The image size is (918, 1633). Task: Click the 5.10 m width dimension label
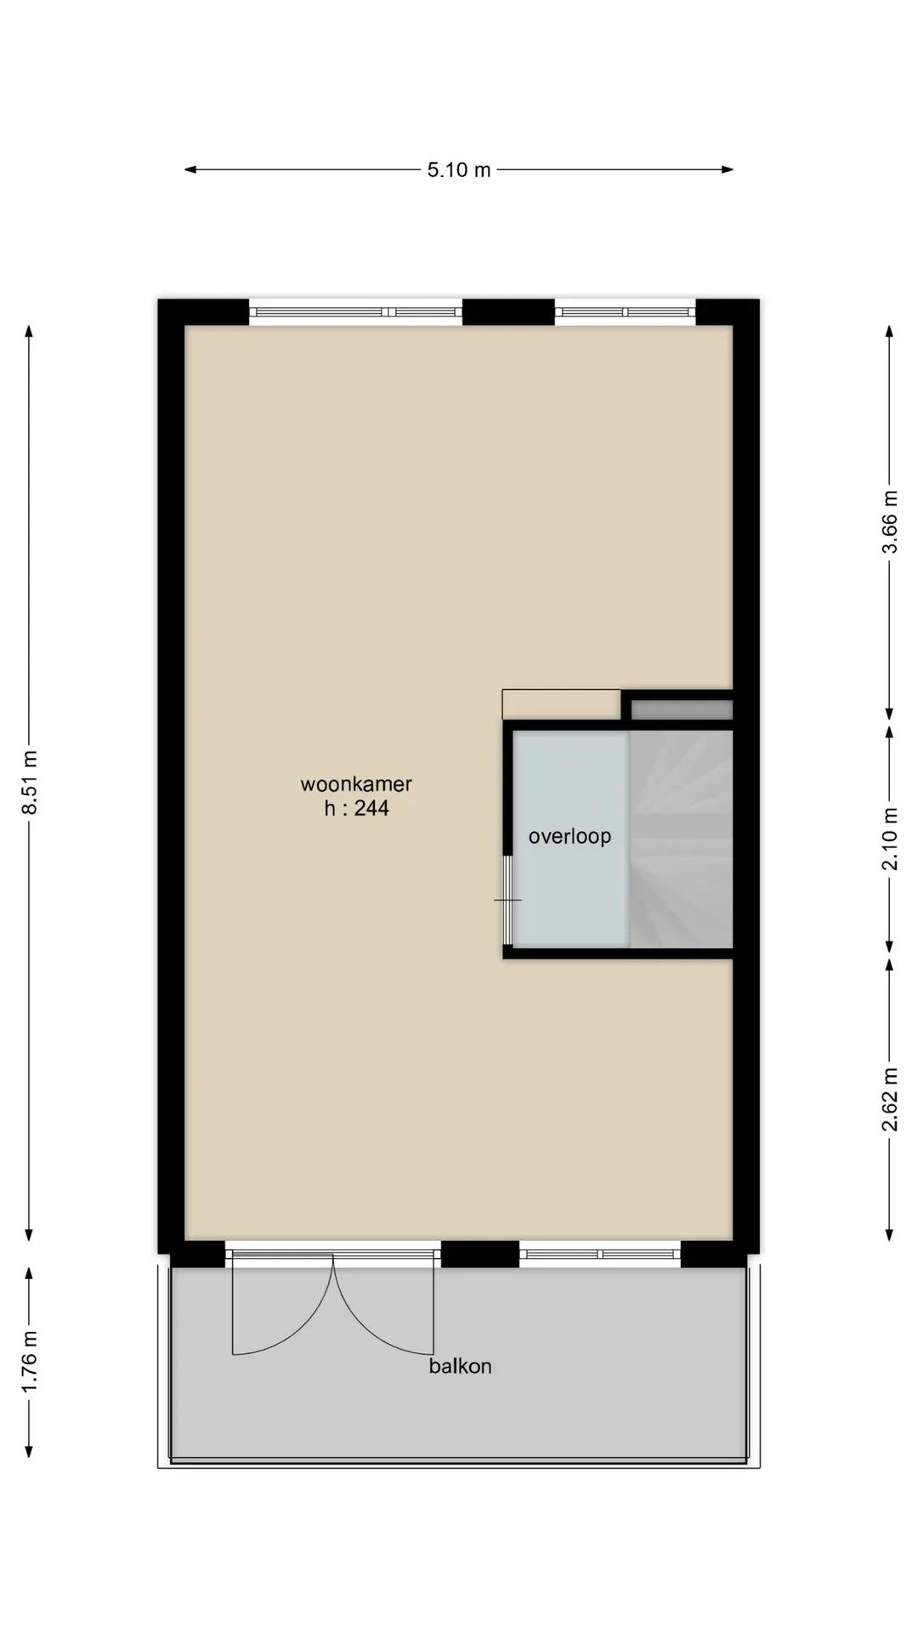point(459,170)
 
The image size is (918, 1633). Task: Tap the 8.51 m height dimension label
point(30,782)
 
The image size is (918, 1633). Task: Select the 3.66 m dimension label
point(889,522)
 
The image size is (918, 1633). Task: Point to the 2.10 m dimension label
point(889,839)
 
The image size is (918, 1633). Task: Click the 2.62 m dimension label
point(889,1100)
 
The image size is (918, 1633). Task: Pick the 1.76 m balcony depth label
point(30,1362)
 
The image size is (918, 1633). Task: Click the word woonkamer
point(356,784)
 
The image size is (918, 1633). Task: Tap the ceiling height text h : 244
point(356,808)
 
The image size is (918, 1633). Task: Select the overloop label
point(569,836)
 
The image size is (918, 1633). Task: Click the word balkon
point(460,1366)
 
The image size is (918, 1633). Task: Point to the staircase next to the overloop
point(681,839)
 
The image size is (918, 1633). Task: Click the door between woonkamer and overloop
point(507,900)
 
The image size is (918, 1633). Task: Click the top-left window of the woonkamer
point(355,312)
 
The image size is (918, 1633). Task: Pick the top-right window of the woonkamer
point(625,312)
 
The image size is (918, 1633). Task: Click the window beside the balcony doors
point(600,1254)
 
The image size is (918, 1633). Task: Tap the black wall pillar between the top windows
point(508,312)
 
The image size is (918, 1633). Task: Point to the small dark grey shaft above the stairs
point(682,709)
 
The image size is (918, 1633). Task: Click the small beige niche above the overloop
point(561,704)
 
